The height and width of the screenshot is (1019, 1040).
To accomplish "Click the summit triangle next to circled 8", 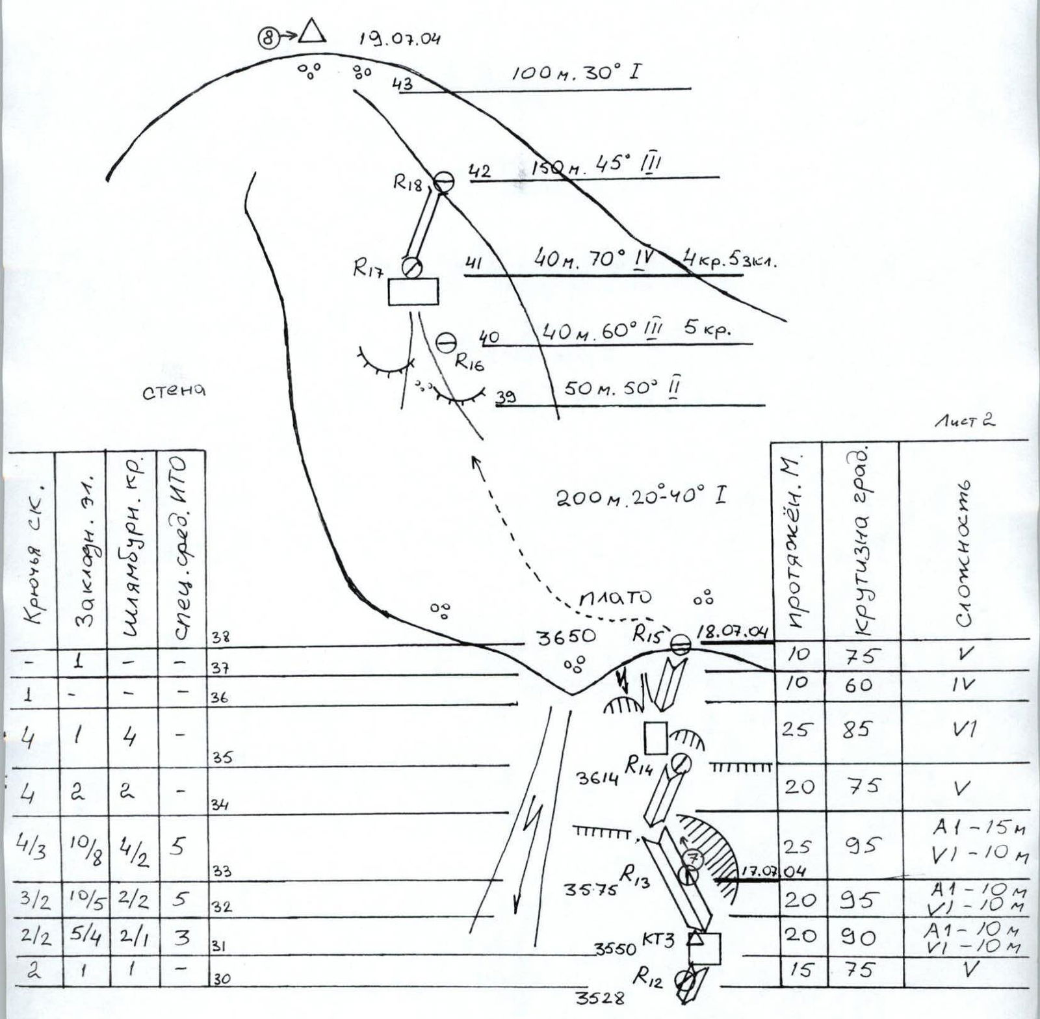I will pyautogui.click(x=313, y=31).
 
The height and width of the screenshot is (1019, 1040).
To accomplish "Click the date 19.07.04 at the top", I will pyautogui.click(x=400, y=38).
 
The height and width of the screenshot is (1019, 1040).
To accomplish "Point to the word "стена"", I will pyautogui.click(x=174, y=391).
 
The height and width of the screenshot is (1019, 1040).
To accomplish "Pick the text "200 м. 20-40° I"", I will pyautogui.click(x=641, y=497).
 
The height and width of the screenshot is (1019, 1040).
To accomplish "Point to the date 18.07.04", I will pyautogui.click(x=733, y=632).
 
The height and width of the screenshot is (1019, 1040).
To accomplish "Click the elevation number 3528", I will pyautogui.click(x=600, y=998).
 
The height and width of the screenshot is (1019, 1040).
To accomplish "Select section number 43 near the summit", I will pyautogui.click(x=402, y=84).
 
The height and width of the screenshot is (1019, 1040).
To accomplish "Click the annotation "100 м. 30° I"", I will pyautogui.click(x=575, y=72).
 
